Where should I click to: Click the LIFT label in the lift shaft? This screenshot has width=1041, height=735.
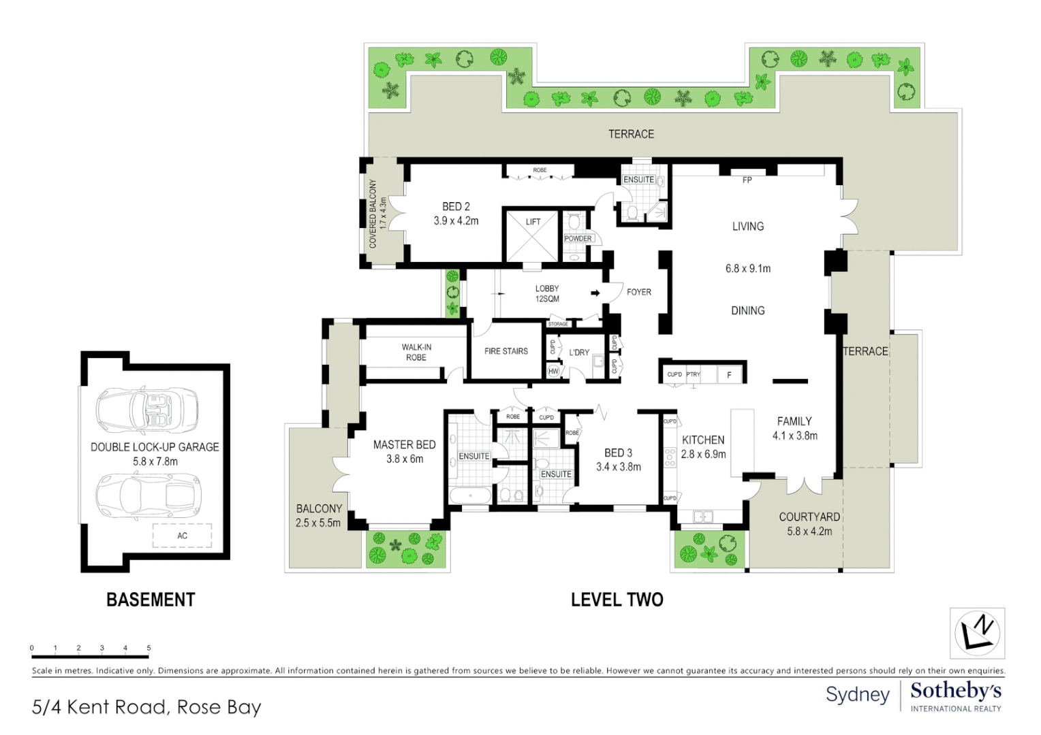pyautogui.click(x=533, y=222)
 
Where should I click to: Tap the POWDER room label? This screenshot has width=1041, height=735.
pyautogui.click(x=578, y=239)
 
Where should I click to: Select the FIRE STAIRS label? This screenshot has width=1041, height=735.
pyautogui.click(x=506, y=351)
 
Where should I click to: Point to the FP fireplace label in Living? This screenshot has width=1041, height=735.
pyautogui.click(x=747, y=180)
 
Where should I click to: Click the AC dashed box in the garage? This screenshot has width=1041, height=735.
pyautogui.click(x=182, y=536)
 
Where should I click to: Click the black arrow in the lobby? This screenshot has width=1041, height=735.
pyautogui.click(x=595, y=293)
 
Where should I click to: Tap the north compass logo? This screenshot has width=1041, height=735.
pyautogui.click(x=977, y=633)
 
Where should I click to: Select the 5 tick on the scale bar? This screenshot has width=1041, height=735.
pyautogui.click(x=149, y=649)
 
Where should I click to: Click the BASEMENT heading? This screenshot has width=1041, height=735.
pyautogui.click(x=151, y=600)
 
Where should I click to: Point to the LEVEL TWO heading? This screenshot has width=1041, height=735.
pyautogui.click(x=617, y=600)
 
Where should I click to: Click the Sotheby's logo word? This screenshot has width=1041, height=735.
pyautogui.click(x=955, y=691)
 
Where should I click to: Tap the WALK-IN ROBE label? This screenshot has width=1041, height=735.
pyautogui.click(x=416, y=352)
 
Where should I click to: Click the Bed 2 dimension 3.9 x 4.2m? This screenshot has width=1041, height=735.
pyautogui.click(x=456, y=221)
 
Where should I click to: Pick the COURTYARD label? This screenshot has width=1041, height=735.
pyautogui.click(x=809, y=517)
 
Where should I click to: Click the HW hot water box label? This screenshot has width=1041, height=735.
pyautogui.click(x=553, y=372)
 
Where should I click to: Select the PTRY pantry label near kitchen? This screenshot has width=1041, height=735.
pyautogui.click(x=693, y=374)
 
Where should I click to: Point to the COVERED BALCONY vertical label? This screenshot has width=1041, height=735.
pyautogui.click(x=373, y=214)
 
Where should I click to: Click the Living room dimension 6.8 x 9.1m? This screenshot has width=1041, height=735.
pyautogui.click(x=747, y=269)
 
